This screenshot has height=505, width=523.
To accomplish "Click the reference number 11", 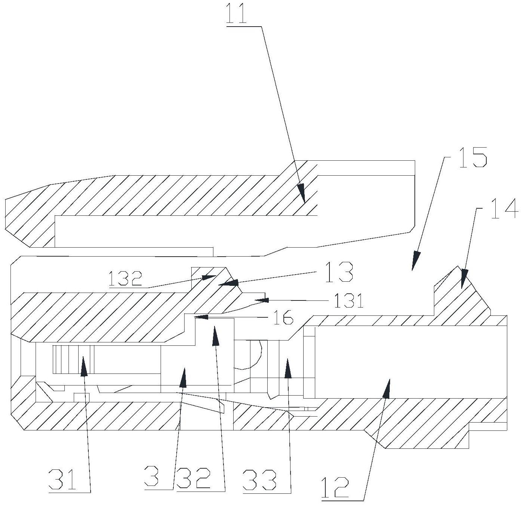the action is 237,14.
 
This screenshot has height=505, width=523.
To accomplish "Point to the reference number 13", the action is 339,272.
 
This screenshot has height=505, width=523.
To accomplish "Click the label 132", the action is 125,279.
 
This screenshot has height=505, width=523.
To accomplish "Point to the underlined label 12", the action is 335,487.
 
